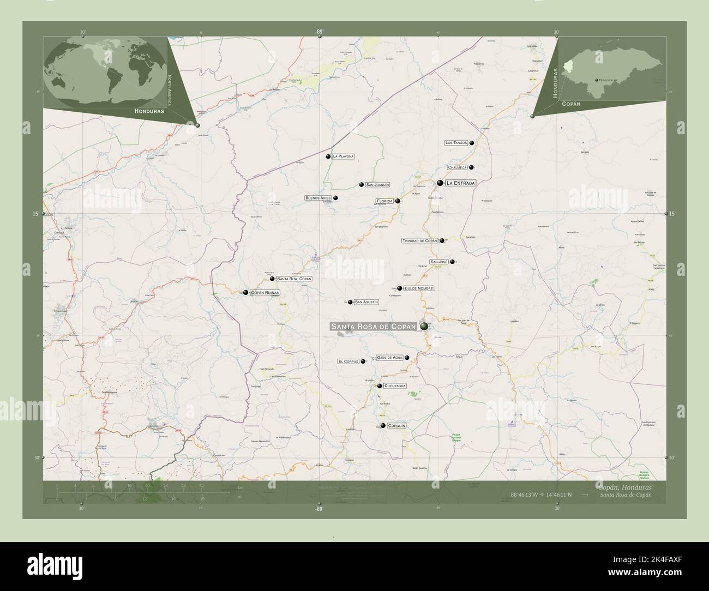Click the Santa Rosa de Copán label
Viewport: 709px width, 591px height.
point(374,326)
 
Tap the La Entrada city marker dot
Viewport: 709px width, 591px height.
point(440,183)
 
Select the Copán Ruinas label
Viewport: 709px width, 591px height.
point(265,293)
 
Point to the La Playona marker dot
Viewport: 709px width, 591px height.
point(328,156)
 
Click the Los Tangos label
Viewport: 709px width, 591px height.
point(456,143)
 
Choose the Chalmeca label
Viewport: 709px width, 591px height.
point(458,167)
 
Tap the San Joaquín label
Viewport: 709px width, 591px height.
point(377,185)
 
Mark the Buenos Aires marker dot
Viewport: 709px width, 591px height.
point(335,198)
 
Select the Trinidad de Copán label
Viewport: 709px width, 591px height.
point(420,240)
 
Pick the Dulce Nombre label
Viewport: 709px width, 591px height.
point(419,288)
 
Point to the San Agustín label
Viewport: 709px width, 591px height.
point(366,301)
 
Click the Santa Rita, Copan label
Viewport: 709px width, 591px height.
point(294,279)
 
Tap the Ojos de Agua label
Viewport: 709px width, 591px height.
point(389,358)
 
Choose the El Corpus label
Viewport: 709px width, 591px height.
point(349,361)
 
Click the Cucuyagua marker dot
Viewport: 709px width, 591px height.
point(379,386)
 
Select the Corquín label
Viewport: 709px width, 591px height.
point(396,426)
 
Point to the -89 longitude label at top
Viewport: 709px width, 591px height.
point(319,32)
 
